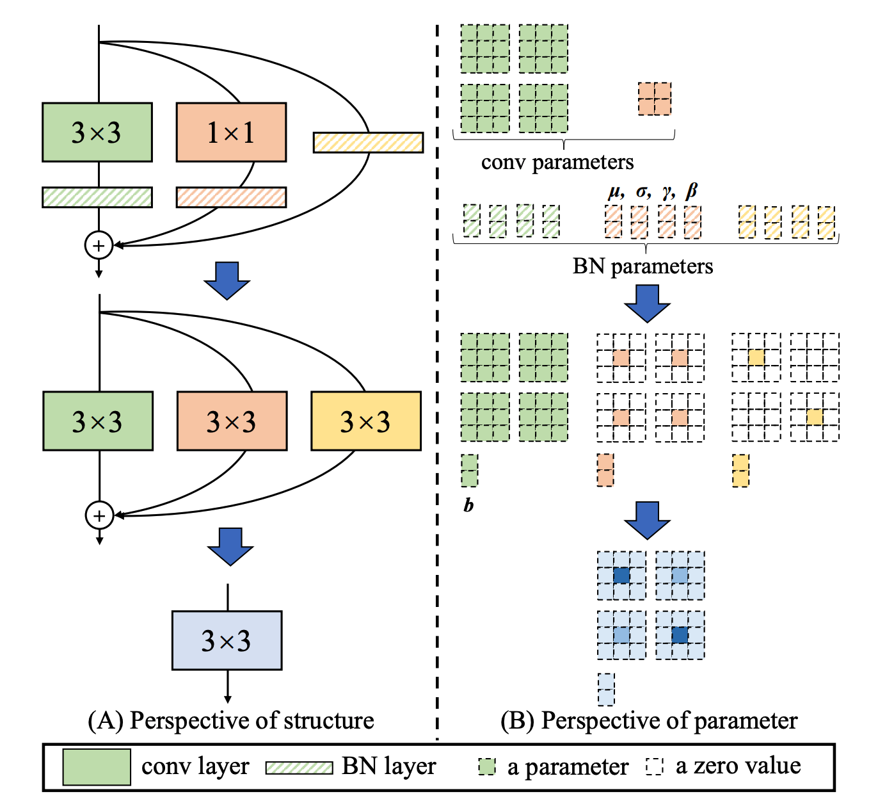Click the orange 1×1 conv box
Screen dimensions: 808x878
point(231,133)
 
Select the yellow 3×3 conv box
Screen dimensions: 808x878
point(365,421)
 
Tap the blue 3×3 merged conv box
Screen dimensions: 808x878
point(227,640)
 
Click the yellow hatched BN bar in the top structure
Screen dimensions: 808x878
point(368,142)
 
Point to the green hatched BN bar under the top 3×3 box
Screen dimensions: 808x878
point(97,197)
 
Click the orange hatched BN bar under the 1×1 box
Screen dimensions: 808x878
point(231,197)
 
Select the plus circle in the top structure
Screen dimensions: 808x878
point(99,245)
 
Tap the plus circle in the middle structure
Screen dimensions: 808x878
point(99,515)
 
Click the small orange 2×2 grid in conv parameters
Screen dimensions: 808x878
point(655,99)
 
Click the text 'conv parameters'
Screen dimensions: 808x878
point(557,162)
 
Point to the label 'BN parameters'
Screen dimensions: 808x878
point(643,266)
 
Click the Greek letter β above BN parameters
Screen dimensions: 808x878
point(691,191)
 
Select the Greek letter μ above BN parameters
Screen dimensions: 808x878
point(615,191)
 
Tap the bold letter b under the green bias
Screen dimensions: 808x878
point(468,505)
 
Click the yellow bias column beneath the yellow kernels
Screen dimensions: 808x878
point(740,471)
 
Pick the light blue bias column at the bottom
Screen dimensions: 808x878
point(606,689)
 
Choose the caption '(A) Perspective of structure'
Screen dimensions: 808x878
point(231,720)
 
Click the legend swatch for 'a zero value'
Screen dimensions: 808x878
point(655,766)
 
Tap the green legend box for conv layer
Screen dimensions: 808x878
point(97,766)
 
